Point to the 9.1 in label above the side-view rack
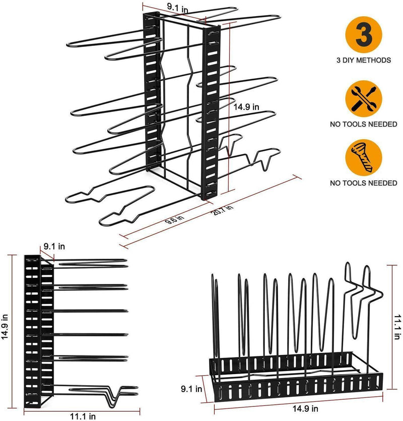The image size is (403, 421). pos(54,247)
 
